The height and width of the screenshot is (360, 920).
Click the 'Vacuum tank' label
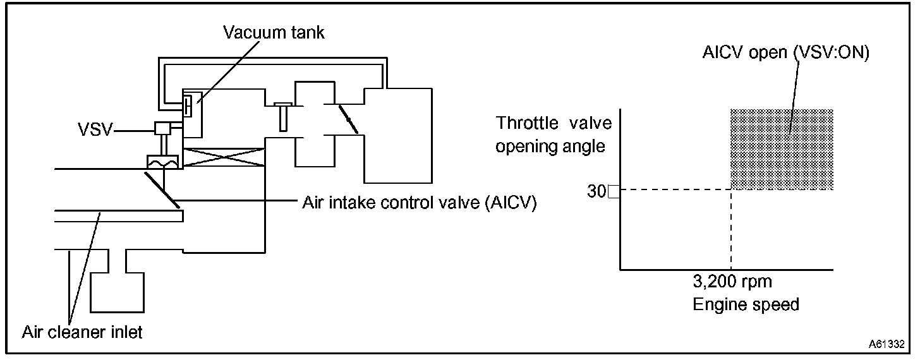pos(274,33)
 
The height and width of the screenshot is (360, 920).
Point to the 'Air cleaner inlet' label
pos(82,332)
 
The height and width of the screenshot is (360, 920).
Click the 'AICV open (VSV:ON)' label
pos(787,54)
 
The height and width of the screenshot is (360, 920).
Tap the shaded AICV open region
pos(782,149)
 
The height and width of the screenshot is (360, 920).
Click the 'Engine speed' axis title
pos(746,305)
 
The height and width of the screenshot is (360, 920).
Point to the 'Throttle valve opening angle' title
pos(550,134)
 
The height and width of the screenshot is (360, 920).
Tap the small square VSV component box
pos(162,129)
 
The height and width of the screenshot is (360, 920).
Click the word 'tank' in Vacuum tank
pos(307,33)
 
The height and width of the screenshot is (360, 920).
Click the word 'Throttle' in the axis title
pos(523,123)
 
